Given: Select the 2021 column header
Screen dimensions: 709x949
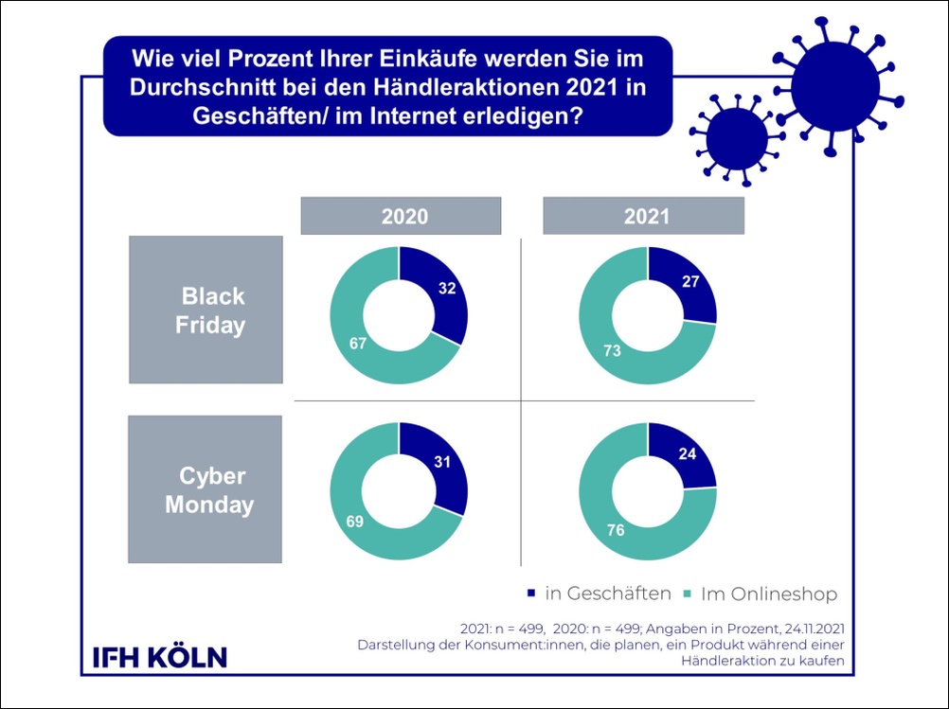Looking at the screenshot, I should click(x=646, y=216).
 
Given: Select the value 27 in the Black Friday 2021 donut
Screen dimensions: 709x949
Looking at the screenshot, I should click(x=691, y=281).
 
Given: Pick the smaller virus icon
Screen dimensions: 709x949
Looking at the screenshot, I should click(x=736, y=136).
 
